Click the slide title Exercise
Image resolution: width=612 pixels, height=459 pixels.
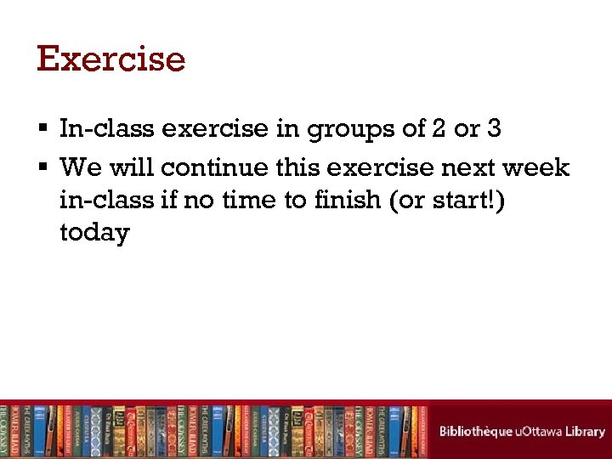tap(110, 59)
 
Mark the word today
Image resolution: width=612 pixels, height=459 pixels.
tap(94, 234)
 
